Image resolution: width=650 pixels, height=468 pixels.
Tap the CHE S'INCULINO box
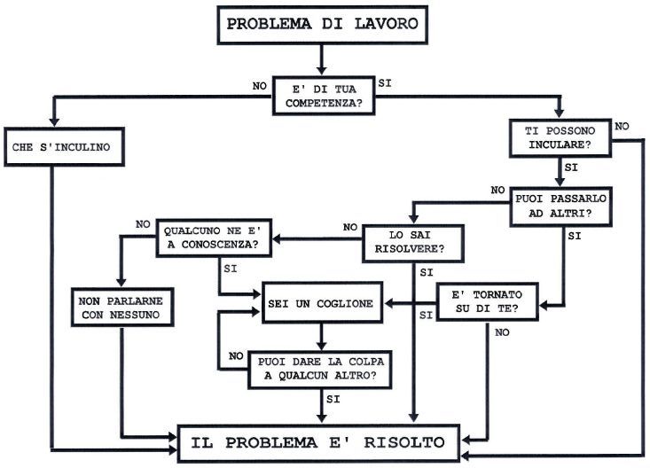(61, 145)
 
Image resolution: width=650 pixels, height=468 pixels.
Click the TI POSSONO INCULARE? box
(559, 136)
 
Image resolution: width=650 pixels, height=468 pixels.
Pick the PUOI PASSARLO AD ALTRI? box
(554, 207)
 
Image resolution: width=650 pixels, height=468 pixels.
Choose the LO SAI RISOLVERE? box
(414, 242)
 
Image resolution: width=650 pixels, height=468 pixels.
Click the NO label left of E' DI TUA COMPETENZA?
(260, 86)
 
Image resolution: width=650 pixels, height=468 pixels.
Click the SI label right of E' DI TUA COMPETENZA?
(385, 82)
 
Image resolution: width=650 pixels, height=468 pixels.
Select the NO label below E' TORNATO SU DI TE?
(503, 331)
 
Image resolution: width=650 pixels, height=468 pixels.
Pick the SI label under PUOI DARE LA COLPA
(334, 400)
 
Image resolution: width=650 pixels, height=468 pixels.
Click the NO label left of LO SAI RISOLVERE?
(351, 226)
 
